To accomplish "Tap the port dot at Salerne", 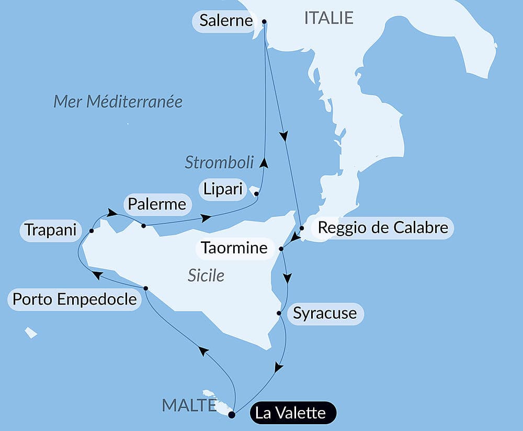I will (x=264, y=22).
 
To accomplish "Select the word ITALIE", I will (x=329, y=18).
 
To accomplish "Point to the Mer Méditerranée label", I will (x=118, y=101).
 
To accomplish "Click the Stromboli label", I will (x=219, y=162).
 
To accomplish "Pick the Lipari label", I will (x=223, y=189).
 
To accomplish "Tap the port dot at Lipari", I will (x=256, y=194).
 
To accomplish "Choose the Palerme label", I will (x=156, y=204).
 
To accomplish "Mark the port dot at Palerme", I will (x=143, y=226).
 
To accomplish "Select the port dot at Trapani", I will (x=92, y=230).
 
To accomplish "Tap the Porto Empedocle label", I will (x=75, y=300).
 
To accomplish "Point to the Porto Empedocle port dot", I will (x=145, y=288).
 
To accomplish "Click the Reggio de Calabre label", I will (x=383, y=228).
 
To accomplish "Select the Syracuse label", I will (x=325, y=313).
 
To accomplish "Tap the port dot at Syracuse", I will (x=279, y=313).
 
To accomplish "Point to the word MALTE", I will (x=189, y=405).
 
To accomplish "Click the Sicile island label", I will (x=206, y=275).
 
